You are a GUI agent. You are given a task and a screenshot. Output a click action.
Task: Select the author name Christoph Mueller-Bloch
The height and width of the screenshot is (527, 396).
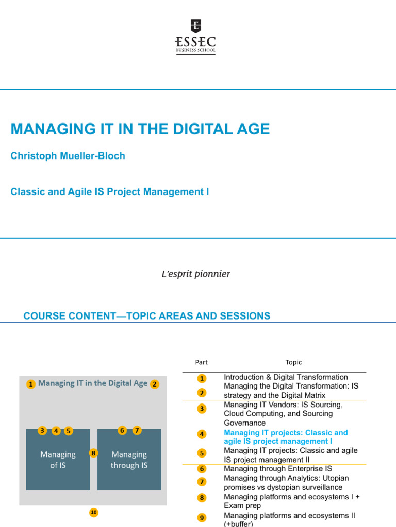click(x=68, y=156)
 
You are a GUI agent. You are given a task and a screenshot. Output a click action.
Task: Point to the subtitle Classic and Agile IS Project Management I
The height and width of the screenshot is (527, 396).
click(x=110, y=192)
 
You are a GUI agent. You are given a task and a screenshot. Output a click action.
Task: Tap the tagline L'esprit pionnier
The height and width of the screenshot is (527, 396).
click(x=196, y=274)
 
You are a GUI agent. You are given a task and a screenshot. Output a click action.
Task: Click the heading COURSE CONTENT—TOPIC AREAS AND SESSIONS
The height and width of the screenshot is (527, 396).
click(x=147, y=316)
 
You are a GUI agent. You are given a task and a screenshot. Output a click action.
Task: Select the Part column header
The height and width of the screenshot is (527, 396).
click(x=202, y=362)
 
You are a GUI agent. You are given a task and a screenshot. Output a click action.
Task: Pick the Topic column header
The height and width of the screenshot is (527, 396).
click(x=293, y=362)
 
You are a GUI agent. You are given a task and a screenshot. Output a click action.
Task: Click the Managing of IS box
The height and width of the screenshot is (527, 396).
click(x=58, y=460)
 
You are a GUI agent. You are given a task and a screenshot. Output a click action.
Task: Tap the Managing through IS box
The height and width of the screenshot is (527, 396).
click(x=129, y=460)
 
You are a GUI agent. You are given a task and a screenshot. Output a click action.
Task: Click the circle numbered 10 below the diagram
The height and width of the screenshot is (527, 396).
click(x=93, y=512)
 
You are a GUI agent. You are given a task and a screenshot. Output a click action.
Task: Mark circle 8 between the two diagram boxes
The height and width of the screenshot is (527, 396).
click(x=93, y=453)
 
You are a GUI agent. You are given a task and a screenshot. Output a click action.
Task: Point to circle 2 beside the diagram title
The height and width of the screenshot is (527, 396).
click(x=155, y=384)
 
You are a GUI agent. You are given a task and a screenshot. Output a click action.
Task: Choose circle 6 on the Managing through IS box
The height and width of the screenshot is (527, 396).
click(x=122, y=430)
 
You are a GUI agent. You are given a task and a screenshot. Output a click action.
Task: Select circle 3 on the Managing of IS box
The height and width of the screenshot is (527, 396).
click(x=42, y=431)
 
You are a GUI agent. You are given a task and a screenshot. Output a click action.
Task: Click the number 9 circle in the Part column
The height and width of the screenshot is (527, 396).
click(x=202, y=518)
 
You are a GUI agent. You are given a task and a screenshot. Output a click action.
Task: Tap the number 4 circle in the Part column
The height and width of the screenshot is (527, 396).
click(x=202, y=434)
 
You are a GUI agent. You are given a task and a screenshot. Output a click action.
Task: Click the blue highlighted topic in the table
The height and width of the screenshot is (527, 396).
click(x=286, y=437)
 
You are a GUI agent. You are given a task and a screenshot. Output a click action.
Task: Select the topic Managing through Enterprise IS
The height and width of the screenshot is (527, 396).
click(x=278, y=469)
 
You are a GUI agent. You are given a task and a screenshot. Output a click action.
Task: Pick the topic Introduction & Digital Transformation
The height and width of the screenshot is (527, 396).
click(x=286, y=377)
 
